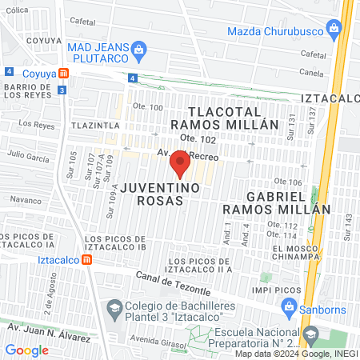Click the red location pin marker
click(x=180, y=164)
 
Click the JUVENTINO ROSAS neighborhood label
click(x=152, y=194)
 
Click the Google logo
click(x=27, y=349)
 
